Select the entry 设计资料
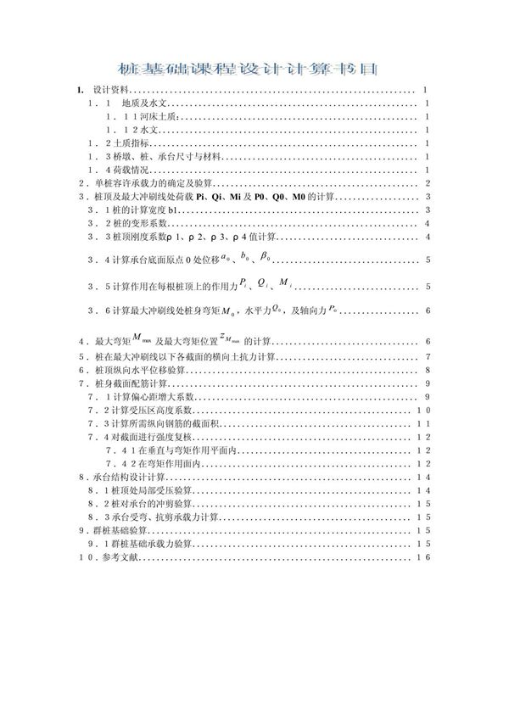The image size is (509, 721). (x=109, y=88)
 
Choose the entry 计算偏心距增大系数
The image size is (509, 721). (x=148, y=397)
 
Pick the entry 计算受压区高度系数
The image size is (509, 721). (x=148, y=410)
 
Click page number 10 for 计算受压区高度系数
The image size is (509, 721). (x=424, y=410)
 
